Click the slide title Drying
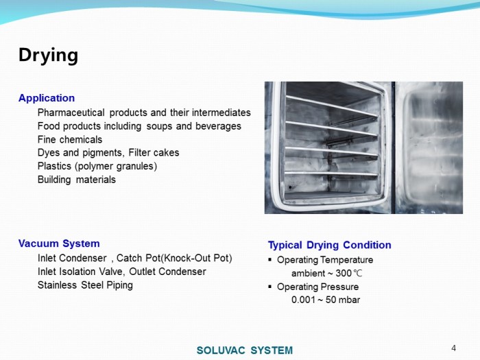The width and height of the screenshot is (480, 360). [49, 56]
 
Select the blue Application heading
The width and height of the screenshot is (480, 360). [47, 98]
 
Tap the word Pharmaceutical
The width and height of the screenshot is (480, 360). [71, 112]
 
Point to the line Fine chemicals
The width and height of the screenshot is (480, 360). [70, 140]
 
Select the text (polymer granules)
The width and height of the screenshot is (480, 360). [116, 166]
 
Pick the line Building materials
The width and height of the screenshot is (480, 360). [77, 180]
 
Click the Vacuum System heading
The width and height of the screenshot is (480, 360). [59, 243]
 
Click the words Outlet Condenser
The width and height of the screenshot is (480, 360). [167, 272]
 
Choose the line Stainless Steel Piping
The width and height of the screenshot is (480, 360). [85, 285]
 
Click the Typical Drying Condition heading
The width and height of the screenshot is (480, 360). [330, 245]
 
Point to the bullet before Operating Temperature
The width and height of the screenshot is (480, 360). [269, 260]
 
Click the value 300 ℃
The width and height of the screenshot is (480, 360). [349, 273]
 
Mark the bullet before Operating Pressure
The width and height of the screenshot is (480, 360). [269, 287]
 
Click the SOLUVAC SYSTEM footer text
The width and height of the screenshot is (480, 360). [245, 350]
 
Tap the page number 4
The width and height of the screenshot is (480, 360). [454, 348]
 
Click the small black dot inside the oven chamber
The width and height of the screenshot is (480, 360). [290, 187]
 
